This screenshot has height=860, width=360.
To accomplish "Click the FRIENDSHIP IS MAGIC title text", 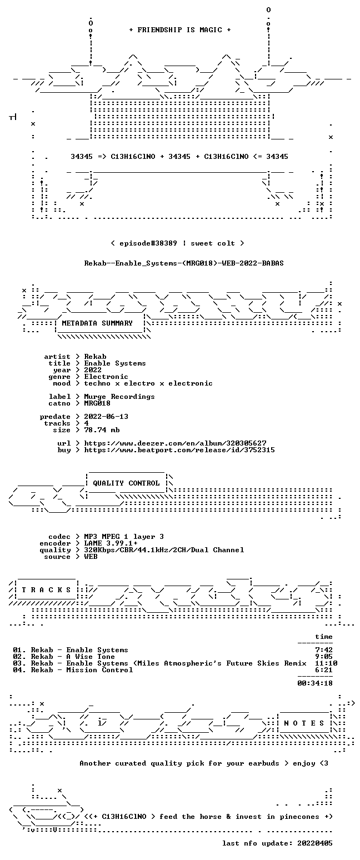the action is click(180, 30).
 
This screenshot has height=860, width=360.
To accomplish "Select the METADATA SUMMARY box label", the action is click(97, 323).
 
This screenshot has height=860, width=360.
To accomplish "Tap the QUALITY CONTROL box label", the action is click(126, 483).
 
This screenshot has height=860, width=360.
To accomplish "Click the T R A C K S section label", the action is click(47, 590).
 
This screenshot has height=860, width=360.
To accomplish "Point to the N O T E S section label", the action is click(304, 723).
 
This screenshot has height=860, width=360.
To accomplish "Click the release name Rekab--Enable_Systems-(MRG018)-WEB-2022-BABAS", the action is click(184, 263).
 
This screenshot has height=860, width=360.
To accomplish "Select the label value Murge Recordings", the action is click(119, 397).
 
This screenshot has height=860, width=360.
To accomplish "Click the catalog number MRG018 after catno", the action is click(97, 403).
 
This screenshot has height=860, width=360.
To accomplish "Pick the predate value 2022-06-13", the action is click(106, 417).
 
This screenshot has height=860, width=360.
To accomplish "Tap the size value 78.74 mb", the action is click(102, 430).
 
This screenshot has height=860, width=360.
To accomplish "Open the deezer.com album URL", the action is click(175, 443).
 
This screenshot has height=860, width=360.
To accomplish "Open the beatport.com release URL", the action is click(179, 450).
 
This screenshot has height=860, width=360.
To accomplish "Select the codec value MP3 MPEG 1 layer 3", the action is click(124, 537).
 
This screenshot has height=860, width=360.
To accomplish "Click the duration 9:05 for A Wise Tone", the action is click(323, 657).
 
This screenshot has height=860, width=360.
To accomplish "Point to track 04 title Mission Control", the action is click(99, 670).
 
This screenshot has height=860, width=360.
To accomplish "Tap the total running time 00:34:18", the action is click(314, 683).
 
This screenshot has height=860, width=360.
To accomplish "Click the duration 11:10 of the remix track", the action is click(326, 663).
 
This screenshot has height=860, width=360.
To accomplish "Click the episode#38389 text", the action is click(148, 243).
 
